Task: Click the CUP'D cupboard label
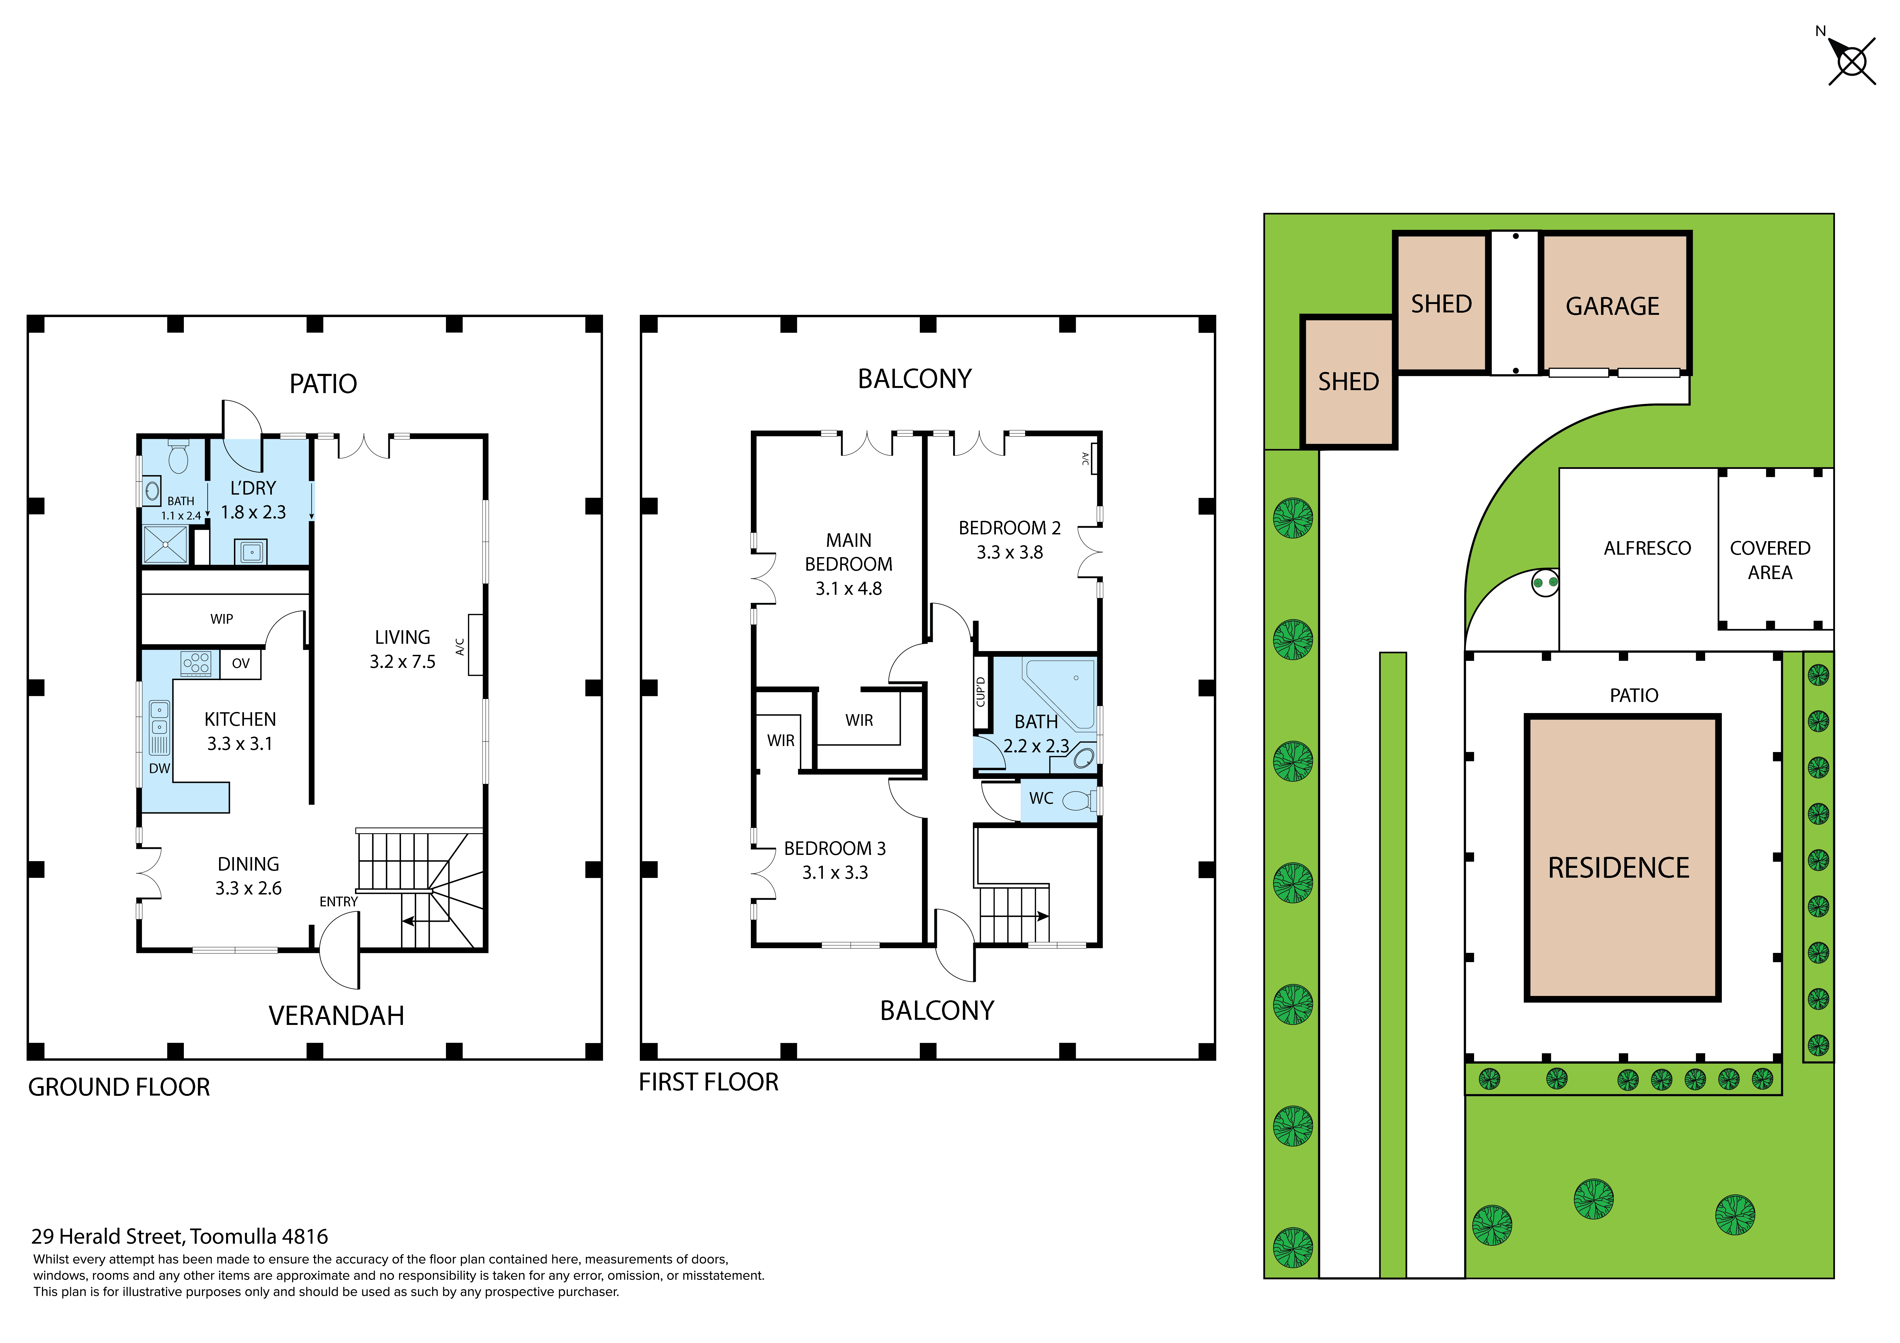point(981,692)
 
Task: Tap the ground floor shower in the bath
point(165,544)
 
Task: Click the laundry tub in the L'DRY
point(252,551)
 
